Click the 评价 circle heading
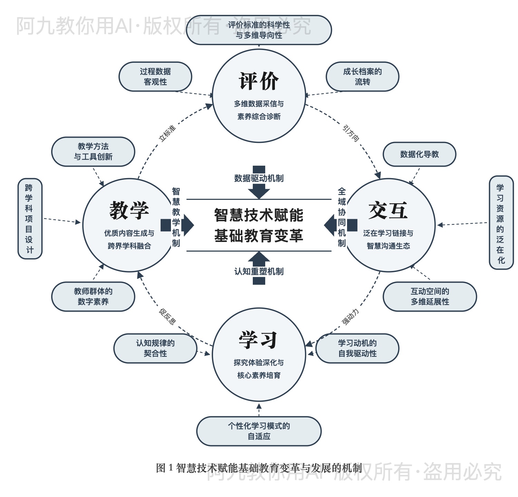[x=259, y=81]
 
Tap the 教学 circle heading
[x=129, y=210]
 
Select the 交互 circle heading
[x=388, y=210]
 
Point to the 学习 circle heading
[x=259, y=340]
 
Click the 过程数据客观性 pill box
[x=155, y=77]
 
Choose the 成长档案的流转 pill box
[x=362, y=77]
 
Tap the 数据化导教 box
[x=419, y=154]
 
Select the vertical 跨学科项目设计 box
[x=30, y=218]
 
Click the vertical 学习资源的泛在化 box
[x=501, y=223]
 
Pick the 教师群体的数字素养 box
[x=93, y=296]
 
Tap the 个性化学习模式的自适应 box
[x=259, y=431]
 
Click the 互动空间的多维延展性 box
[x=430, y=296]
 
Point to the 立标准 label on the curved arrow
[x=167, y=133]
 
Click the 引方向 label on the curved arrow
[x=351, y=133]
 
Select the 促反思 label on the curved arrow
[x=167, y=316]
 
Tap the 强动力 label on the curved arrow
[x=351, y=316]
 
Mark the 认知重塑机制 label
[x=259, y=272]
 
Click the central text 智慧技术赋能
[x=259, y=215]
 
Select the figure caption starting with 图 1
[x=259, y=468]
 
